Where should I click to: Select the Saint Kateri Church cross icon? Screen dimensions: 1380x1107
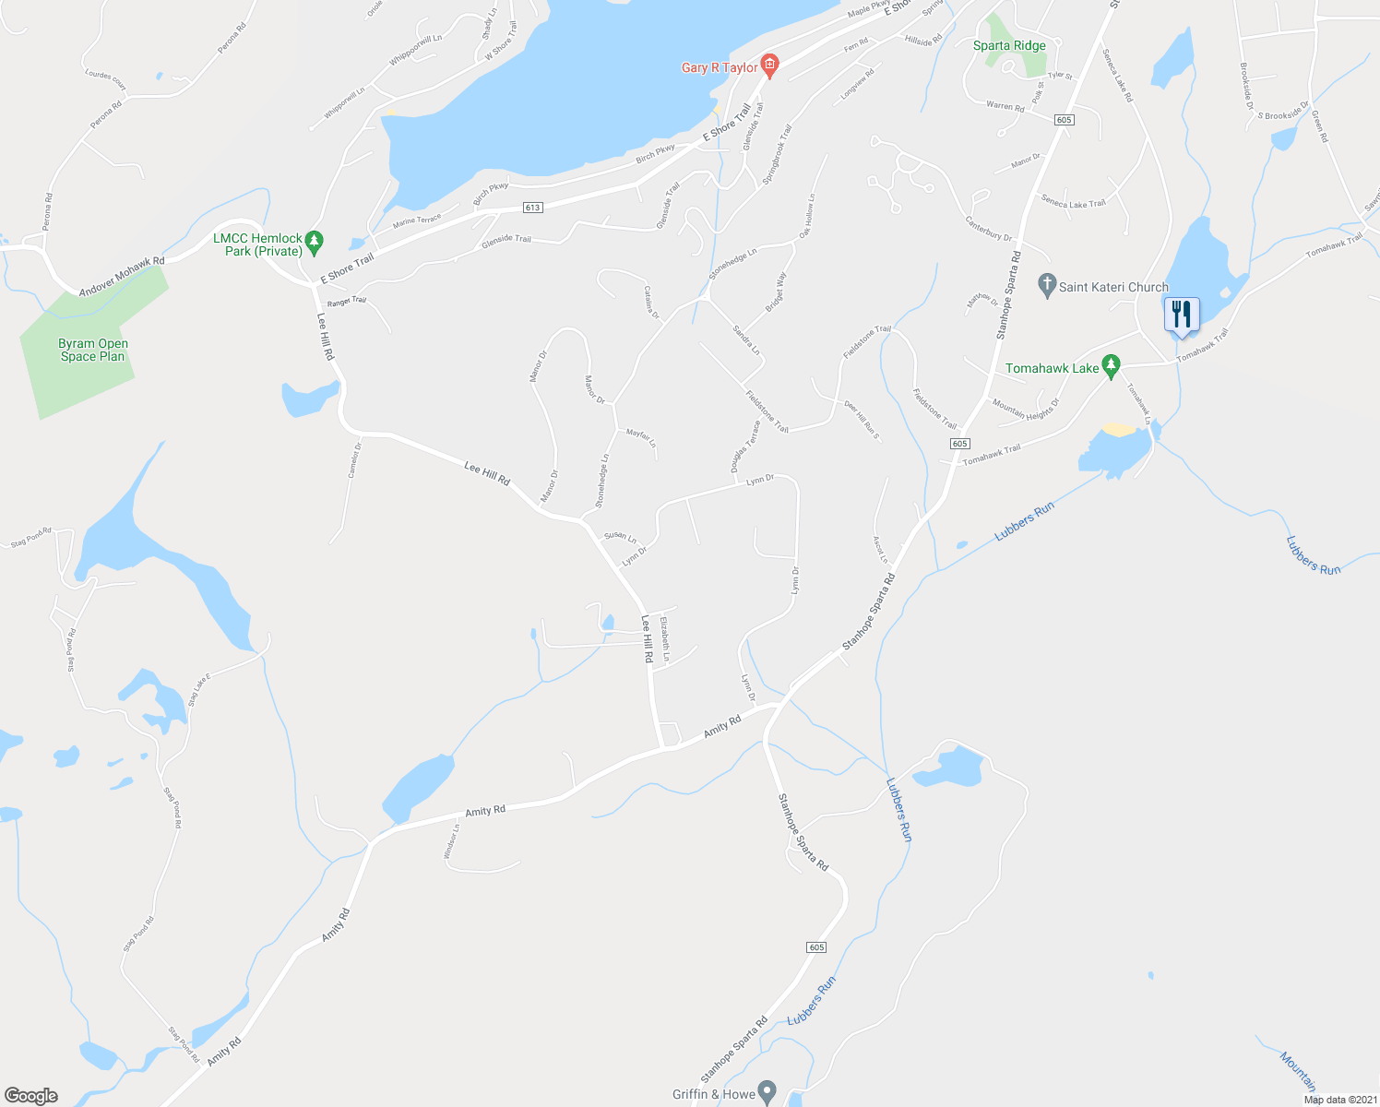click(x=1046, y=287)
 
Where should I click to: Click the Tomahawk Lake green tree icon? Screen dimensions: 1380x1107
click(x=1112, y=367)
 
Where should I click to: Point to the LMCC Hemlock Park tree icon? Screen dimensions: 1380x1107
click(x=315, y=243)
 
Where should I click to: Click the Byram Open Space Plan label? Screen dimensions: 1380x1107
click(x=93, y=350)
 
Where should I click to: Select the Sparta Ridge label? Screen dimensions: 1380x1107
click(x=1009, y=45)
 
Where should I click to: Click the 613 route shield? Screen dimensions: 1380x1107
click(x=532, y=208)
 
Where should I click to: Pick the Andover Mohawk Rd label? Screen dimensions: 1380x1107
click(x=122, y=277)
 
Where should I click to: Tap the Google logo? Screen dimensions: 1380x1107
click(x=30, y=1096)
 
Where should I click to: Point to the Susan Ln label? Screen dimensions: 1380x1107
click(x=620, y=536)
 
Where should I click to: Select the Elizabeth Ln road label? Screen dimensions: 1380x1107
click(x=665, y=638)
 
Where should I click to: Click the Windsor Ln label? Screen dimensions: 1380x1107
click(x=451, y=841)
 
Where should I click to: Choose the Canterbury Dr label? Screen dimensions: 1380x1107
click(x=989, y=229)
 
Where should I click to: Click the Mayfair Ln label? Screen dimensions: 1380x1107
click(x=641, y=437)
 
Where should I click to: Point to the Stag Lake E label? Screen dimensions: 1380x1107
click(x=200, y=690)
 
